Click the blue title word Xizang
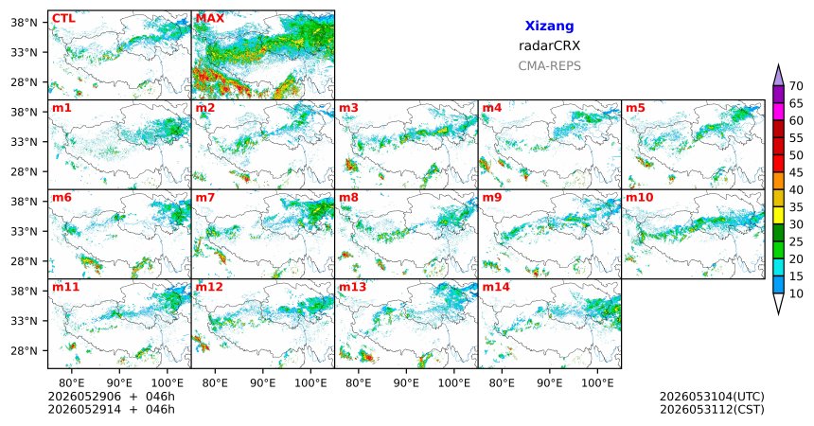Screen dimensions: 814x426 coord(549,26)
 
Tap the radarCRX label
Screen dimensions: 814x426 coord(549,45)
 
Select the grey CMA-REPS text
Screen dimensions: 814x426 coord(549,66)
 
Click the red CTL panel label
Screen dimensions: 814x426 coord(63,19)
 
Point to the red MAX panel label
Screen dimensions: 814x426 coord(210,19)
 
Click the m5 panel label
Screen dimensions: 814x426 coord(635,108)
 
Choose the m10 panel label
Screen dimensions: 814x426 coord(640,198)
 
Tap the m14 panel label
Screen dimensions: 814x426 coord(496,287)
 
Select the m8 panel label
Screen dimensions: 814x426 coord(348,198)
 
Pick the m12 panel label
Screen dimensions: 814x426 coord(209,287)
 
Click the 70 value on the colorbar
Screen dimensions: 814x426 coord(796,86)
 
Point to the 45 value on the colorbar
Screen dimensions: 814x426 coord(796,172)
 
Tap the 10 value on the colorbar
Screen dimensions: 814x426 coord(796,293)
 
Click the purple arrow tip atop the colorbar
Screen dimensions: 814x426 coord(778,65)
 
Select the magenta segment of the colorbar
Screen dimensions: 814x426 coord(778,112)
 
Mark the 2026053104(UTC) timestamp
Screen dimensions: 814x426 coord(712,397)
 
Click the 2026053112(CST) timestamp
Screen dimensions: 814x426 coord(712,409)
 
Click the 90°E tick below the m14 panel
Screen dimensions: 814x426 coord(550,383)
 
